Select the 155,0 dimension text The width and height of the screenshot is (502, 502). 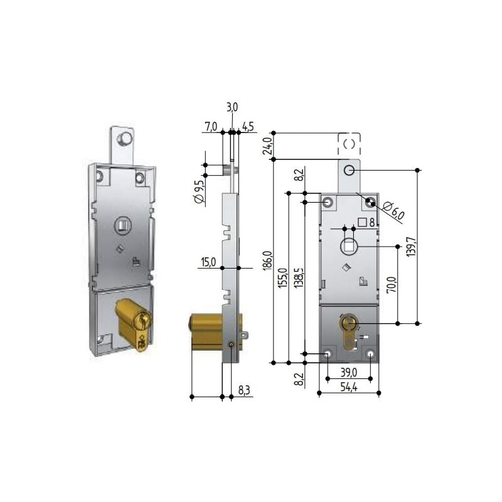coord(282,276)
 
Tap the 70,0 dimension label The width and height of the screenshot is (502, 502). coord(392,286)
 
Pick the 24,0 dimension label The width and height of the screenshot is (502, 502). coord(267,146)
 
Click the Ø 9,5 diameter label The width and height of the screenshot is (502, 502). coord(198,190)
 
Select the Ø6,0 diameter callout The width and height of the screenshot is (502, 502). coord(393,211)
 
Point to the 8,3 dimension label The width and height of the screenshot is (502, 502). coord(244,390)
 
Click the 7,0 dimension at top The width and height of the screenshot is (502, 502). coord(210,127)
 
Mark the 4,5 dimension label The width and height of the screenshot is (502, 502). coord(247,127)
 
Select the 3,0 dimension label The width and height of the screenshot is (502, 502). coord(232,108)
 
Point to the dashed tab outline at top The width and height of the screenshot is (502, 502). coord(350,144)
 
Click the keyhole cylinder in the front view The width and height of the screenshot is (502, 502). coord(348,327)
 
